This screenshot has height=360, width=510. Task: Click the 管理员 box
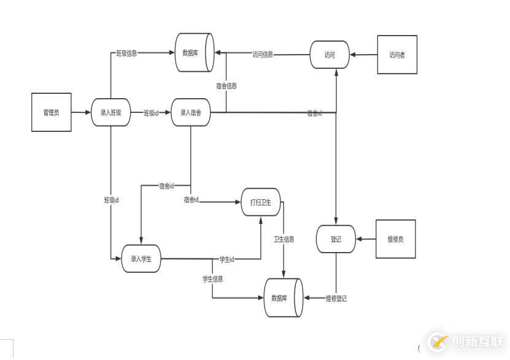pos(52,112)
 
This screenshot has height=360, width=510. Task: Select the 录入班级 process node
pos(111,112)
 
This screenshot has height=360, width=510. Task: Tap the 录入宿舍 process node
pos(191,112)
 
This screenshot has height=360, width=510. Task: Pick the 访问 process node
pos(330,55)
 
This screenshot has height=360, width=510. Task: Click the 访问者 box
pos(397,55)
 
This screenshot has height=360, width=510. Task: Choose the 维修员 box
pos(396,239)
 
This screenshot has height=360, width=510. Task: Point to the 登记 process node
pos(336,239)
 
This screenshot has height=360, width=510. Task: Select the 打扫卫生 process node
pos(261,202)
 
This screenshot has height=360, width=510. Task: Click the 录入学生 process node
pos(141,259)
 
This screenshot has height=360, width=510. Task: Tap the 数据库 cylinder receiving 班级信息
pos(194,53)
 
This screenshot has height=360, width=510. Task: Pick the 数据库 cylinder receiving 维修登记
pos(283,298)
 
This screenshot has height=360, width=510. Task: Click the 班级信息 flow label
pos(127,53)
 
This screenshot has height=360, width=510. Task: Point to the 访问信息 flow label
pos(263,55)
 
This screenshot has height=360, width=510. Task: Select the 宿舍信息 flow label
pos(226,86)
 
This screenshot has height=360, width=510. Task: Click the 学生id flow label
pos(227,259)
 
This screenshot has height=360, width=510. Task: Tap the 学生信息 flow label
pos(213,279)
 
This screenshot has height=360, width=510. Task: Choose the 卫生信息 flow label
pos(284,239)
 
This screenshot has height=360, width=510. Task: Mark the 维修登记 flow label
pos(336,299)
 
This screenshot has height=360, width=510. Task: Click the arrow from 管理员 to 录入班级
pos(81,112)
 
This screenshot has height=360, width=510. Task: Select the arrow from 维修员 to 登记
pos(366,239)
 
